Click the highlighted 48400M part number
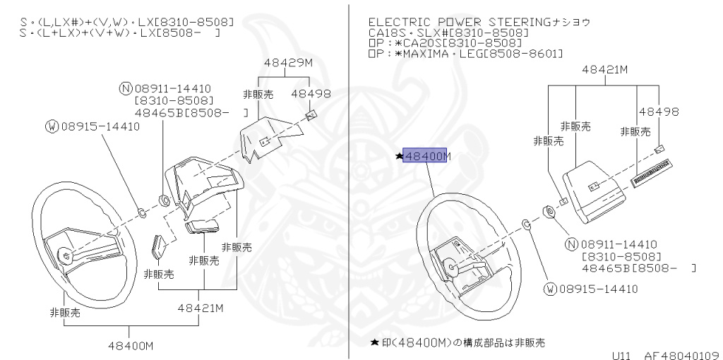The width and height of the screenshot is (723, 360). (426, 156)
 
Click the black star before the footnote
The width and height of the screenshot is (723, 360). (374, 342)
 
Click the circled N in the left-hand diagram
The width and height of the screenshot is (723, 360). (126, 88)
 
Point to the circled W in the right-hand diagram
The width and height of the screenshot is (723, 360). (549, 289)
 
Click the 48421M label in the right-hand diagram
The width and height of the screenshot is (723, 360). (604, 69)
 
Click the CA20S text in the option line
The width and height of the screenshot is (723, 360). (417, 43)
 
